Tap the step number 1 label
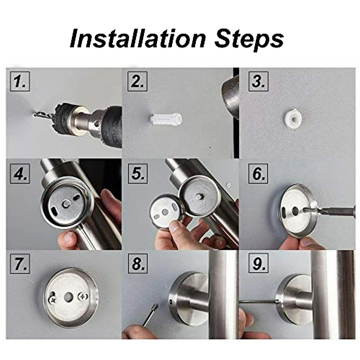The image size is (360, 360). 20,82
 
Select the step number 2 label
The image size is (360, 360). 138,82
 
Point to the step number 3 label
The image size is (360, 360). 258,82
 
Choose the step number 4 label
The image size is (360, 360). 20,175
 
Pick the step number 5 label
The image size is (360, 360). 138,175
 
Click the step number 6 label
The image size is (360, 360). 258,175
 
